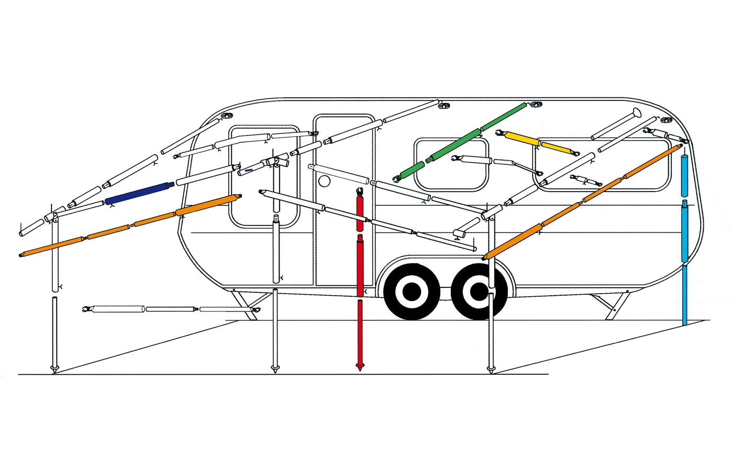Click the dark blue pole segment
click(x=139, y=194)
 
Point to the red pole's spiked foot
click(x=359, y=366)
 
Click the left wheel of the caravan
click(x=412, y=292)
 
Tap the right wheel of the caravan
click(x=479, y=291)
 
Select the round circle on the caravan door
click(x=324, y=182)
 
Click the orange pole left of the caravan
click(x=131, y=225)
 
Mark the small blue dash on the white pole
click(x=248, y=171)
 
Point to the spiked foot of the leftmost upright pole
click(x=55, y=368)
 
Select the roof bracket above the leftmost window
click(x=227, y=116)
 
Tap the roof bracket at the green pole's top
click(x=536, y=105)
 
